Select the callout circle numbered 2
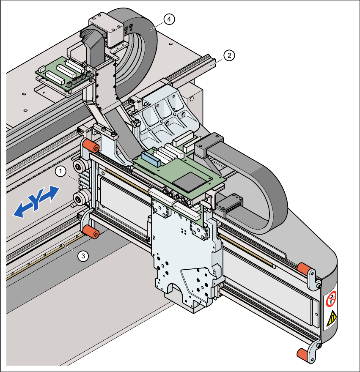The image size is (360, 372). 229,55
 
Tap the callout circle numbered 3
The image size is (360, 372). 84,255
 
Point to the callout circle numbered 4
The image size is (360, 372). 169,19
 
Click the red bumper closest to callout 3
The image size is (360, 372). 90,232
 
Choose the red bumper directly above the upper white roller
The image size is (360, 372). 91,147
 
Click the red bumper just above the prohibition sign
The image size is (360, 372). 304,268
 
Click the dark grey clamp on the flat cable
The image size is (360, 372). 208,143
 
